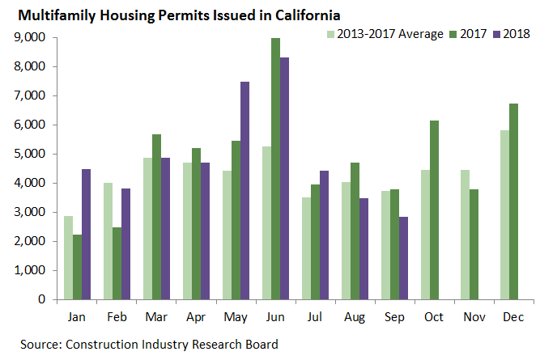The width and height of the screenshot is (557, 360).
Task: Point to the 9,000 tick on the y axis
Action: (x=31, y=38)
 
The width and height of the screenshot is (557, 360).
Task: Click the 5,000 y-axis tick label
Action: (x=31, y=154)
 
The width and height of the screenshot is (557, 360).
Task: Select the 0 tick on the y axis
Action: (x=40, y=299)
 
